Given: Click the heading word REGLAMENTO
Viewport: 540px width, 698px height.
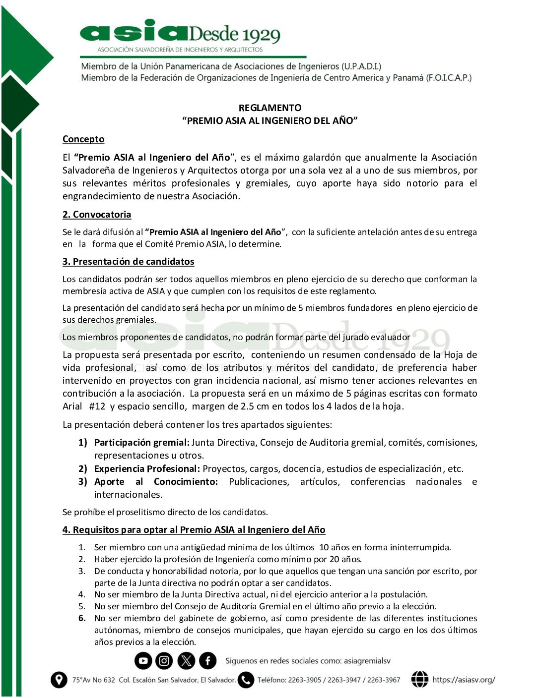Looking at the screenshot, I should coord(270,108).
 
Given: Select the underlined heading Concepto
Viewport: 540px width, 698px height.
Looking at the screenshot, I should coord(83,139).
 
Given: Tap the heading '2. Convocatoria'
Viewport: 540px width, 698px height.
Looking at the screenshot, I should coord(97,215).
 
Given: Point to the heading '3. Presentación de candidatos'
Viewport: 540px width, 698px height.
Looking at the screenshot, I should coord(128,262).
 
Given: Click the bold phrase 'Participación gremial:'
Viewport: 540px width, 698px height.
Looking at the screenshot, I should coord(141,443).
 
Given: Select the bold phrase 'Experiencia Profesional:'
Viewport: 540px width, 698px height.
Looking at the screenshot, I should coord(147,469).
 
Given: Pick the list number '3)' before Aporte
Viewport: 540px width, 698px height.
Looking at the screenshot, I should coord(82,482).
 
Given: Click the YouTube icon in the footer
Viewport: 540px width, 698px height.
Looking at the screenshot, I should coord(143,660).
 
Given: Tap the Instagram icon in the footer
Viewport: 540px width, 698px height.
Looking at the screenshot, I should coord(164,660).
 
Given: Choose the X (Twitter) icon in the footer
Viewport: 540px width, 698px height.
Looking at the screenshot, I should coord(186,660).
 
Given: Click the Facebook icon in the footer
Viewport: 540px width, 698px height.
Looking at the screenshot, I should coord(207,660).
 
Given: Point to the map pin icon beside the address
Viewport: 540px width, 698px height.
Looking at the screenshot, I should coord(59,680).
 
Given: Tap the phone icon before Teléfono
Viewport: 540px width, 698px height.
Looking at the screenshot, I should coord(246,680).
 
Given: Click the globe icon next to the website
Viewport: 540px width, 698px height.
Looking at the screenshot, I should coord(419,680).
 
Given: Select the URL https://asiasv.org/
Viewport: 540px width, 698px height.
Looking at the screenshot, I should coord(464,680).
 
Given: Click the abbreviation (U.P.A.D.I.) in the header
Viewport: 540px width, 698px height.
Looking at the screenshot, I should coord(361,66).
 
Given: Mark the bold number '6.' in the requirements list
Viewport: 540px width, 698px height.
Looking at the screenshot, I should coord(82,618).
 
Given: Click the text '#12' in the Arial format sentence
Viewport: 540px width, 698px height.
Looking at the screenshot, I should coord(97,407).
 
